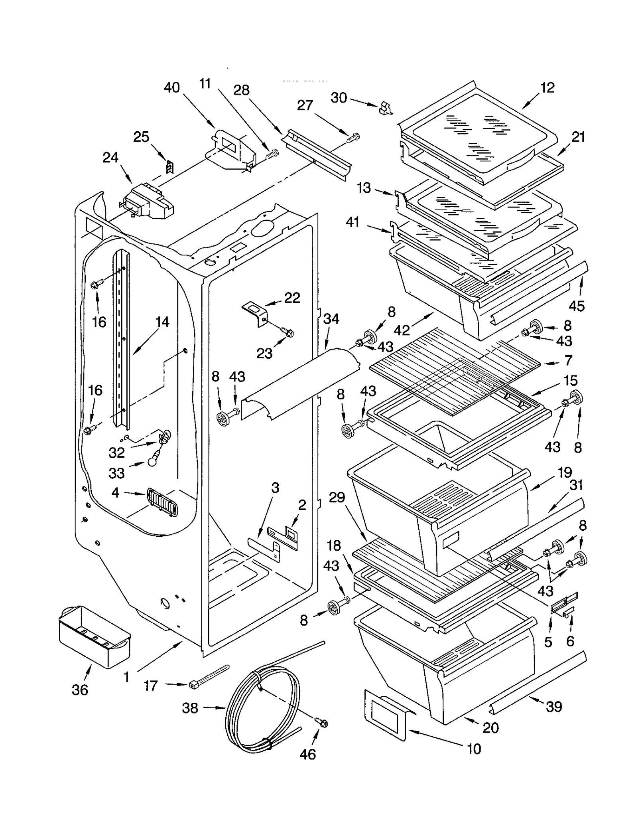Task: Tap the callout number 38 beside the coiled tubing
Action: (x=190, y=708)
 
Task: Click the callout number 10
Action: (x=473, y=749)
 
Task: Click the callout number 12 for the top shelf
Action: (x=547, y=87)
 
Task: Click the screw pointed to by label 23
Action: (x=287, y=331)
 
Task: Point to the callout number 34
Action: (x=331, y=318)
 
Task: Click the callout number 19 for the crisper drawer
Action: (x=565, y=472)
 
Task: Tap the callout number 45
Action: (x=577, y=306)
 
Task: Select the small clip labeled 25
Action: (x=170, y=167)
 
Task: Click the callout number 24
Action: (x=110, y=157)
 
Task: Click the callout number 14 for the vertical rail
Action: (x=162, y=322)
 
